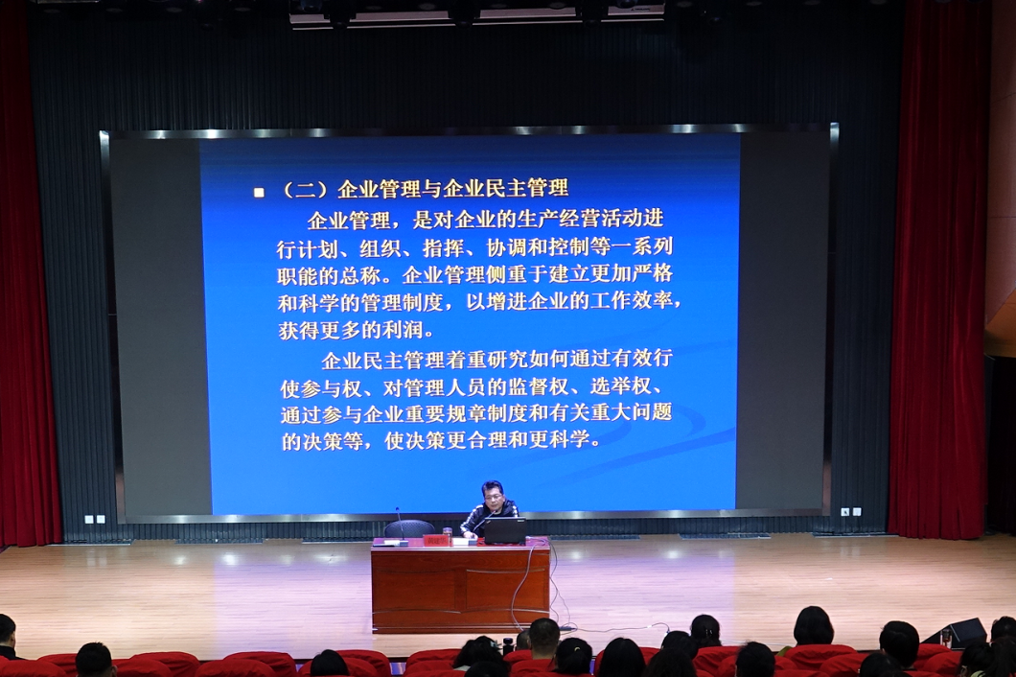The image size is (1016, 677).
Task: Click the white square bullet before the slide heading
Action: tap(259, 193)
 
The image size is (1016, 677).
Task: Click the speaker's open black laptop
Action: tap(505, 529)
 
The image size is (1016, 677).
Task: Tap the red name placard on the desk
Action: tap(437, 540)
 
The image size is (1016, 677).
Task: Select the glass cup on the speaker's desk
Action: tap(447, 533)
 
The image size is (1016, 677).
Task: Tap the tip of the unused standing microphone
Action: tap(397, 510)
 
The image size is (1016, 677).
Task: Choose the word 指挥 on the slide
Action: tap(444, 247)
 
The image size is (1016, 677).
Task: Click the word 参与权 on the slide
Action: tap(331, 388)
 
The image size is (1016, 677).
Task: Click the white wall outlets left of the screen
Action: tap(95, 520)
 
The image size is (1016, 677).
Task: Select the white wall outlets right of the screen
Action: tap(851, 512)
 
